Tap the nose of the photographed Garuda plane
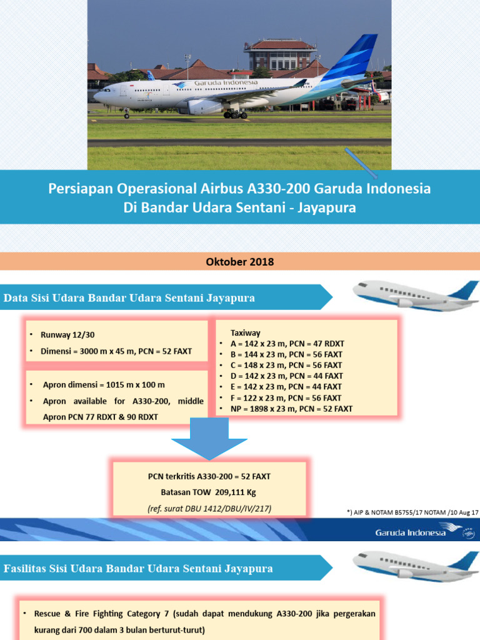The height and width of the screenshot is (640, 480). pyautogui.click(x=96, y=96)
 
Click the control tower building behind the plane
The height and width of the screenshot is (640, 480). pyautogui.click(x=281, y=54)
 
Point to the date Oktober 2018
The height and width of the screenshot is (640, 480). pyautogui.click(x=240, y=262)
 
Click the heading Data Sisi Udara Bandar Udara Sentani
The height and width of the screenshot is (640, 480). pyautogui.click(x=129, y=298)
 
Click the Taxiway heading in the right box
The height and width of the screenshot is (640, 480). pyautogui.click(x=246, y=332)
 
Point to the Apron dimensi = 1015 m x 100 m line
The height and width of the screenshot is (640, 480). pyautogui.click(x=104, y=385)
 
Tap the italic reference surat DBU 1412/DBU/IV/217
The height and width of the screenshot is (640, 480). pyautogui.click(x=209, y=509)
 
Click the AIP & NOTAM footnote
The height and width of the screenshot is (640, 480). pyautogui.click(x=412, y=512)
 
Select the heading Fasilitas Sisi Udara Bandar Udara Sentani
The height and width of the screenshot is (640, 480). pyautogui.click(x=138, y=569)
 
